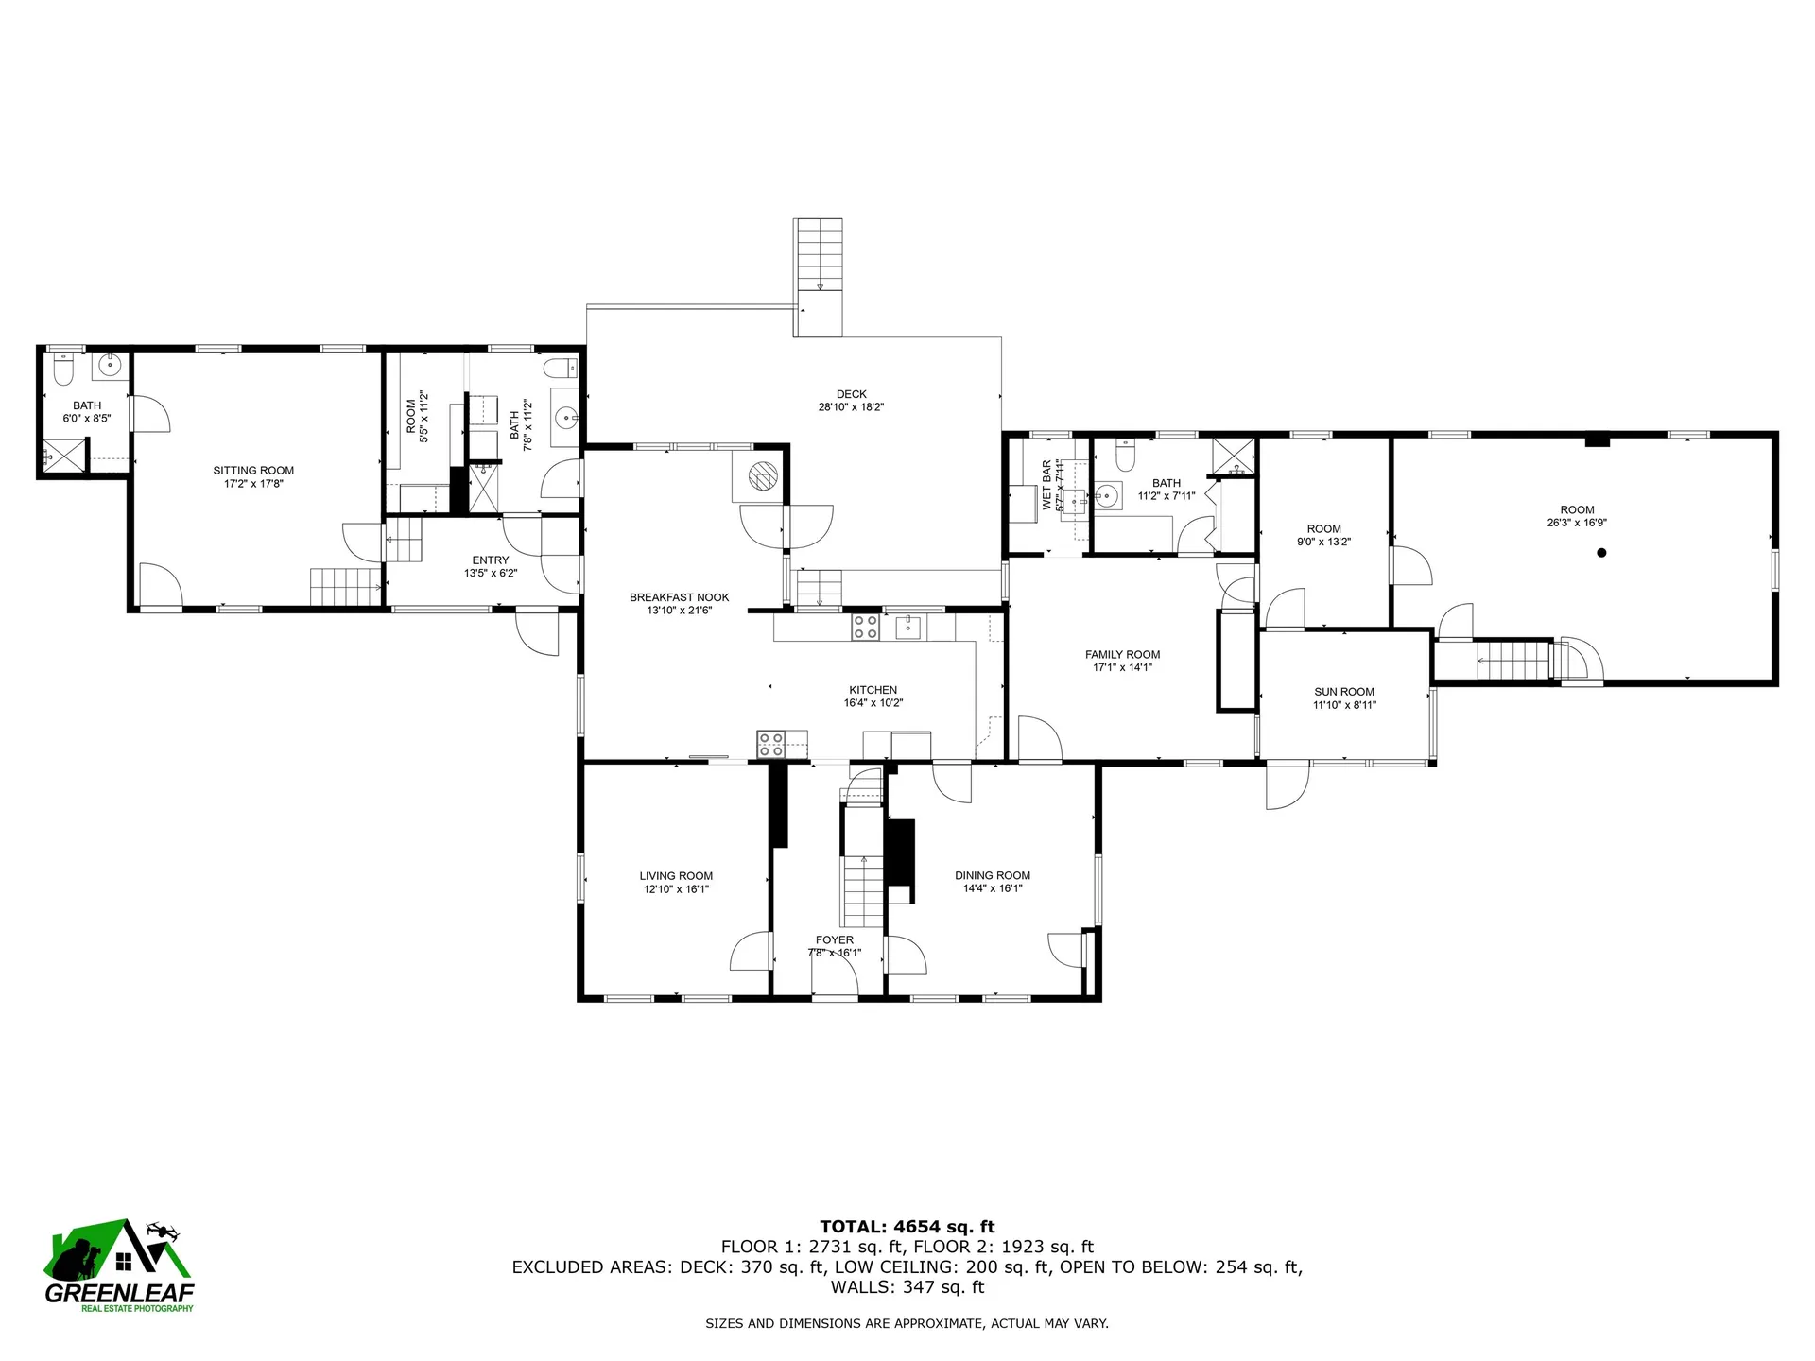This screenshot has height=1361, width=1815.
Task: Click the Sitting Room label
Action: click(253, 470)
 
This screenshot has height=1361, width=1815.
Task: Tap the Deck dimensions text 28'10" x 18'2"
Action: click(851, 407)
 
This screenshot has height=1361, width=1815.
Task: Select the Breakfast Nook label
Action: click(679, 597)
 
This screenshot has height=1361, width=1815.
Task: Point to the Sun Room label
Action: click(1343, 692)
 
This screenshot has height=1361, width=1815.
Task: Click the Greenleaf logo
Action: click(119, 1265)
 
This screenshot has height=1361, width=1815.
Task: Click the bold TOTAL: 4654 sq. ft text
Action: click(907, 1227)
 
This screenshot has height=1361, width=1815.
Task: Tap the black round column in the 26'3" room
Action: click(1601, 553)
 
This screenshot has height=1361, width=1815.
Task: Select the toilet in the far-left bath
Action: click(63, 371)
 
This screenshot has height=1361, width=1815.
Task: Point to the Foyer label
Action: click(834, 939)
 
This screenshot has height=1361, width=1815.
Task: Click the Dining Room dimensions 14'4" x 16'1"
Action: click(992, 888)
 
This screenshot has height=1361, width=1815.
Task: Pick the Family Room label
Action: click(1122, 654)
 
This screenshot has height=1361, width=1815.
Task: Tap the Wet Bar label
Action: click(1046, 485)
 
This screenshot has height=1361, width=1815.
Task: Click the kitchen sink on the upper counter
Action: click(908, 626)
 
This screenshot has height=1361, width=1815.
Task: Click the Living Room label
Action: click(675, 876)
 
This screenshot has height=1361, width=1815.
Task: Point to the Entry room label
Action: click(490, 560)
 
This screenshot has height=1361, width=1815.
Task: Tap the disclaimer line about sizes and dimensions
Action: click(907, 1324)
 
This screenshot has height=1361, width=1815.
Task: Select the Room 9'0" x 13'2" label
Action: click(1323, 529)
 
